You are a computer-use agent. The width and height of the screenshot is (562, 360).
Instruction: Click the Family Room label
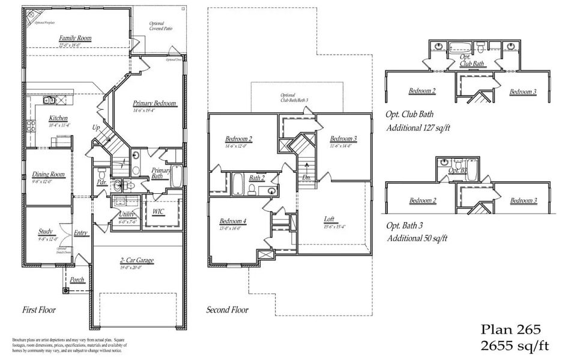pos(75,38)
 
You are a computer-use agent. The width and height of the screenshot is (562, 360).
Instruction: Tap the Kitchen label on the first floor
pos(58,118)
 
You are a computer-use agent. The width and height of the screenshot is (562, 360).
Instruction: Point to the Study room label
pos(45,231)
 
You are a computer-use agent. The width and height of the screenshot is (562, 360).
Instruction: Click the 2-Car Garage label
pos(137,260)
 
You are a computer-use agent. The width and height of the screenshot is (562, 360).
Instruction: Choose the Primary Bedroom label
pos(155,104)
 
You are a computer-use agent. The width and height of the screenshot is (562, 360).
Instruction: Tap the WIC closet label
pos(159,212)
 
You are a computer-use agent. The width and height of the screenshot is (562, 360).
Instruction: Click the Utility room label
pos(127,214)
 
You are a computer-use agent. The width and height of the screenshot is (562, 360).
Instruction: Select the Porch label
pos(77,280)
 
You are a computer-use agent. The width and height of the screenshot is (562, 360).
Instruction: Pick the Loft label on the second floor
pos(329,219)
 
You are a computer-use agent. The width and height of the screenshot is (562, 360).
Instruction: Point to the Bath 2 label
pos(258,178)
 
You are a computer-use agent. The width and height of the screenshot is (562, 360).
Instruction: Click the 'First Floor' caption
pos(39,310)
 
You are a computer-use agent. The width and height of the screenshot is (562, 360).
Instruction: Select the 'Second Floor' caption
pos(227,310)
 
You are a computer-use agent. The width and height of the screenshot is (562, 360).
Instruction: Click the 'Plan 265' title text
pos(512,329)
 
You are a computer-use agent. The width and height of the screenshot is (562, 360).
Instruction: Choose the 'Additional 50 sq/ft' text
pos(417,238)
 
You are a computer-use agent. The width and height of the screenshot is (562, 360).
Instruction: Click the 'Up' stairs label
pos(96,128)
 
